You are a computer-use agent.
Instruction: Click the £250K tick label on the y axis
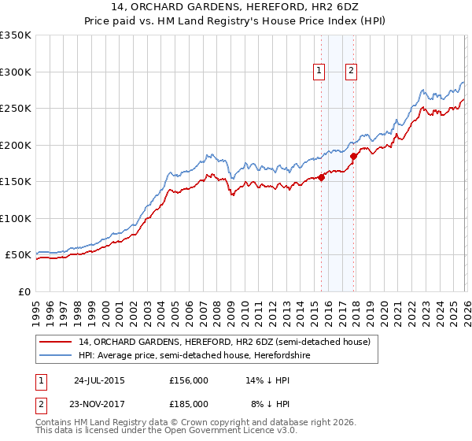pos(15,109)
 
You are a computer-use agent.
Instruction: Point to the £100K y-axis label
pos(15,219)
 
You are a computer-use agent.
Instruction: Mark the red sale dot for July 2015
pos(322,177)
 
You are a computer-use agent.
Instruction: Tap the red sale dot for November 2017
pos(354,156)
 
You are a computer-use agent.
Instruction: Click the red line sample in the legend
pos(57,342)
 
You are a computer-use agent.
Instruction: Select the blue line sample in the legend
pos(57,355)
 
